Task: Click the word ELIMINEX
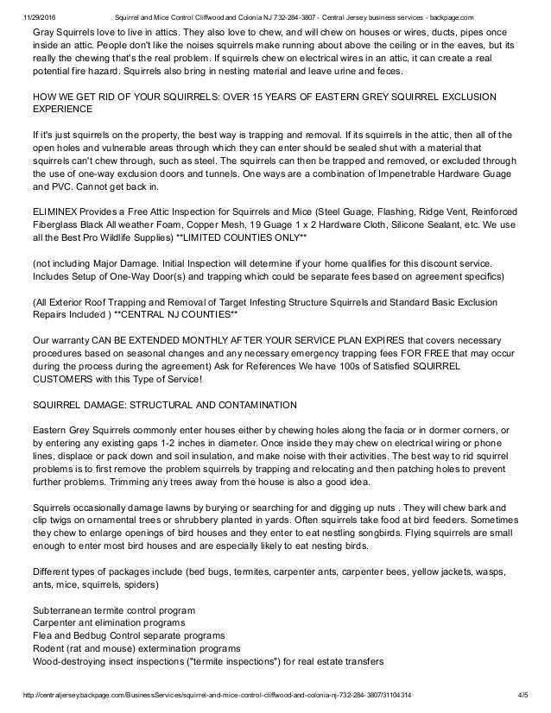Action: [x=57, y=210]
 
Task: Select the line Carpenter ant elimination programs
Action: [x=107, y=624]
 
